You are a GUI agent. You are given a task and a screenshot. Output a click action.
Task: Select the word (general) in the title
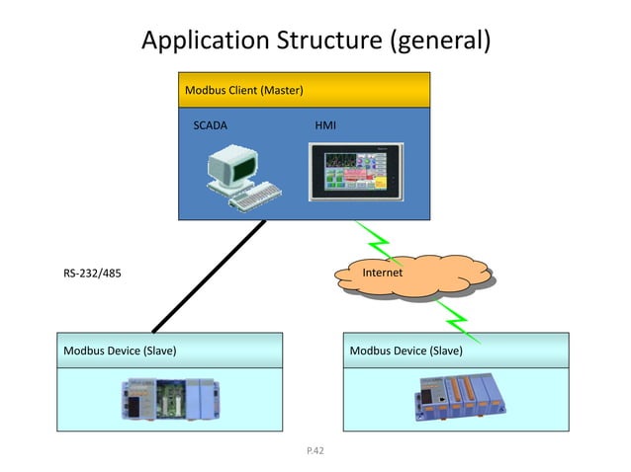pyautogui.click(x=440, y=40)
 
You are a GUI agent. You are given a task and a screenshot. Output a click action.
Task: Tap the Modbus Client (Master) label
pyautogui.click(x=243, y=91)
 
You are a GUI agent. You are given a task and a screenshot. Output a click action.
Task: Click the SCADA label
pyautogui.click(x=210, y=126)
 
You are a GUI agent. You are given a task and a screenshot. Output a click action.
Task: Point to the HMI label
pyautogui.click(x=324, y=126)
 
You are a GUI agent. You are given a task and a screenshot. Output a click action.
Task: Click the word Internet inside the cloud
pyautogui.click(x=382, y=272)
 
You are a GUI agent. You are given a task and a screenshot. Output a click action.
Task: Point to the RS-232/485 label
pyautogui.click(x=93, y=273)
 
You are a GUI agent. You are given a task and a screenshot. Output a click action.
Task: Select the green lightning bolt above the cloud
pyautogui.click(x=376, y=242)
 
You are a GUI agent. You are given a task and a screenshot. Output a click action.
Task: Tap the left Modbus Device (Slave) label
pyautogui.click(x=121, y=350)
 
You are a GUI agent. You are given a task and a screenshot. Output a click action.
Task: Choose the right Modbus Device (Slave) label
pyautogui.click(x=406, y=350)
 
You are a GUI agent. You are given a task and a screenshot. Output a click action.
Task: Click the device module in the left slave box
pyautogui.click(x=168, y=399)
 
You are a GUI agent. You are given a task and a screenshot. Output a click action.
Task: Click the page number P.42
pyautogui.click(x=315, y=450)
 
